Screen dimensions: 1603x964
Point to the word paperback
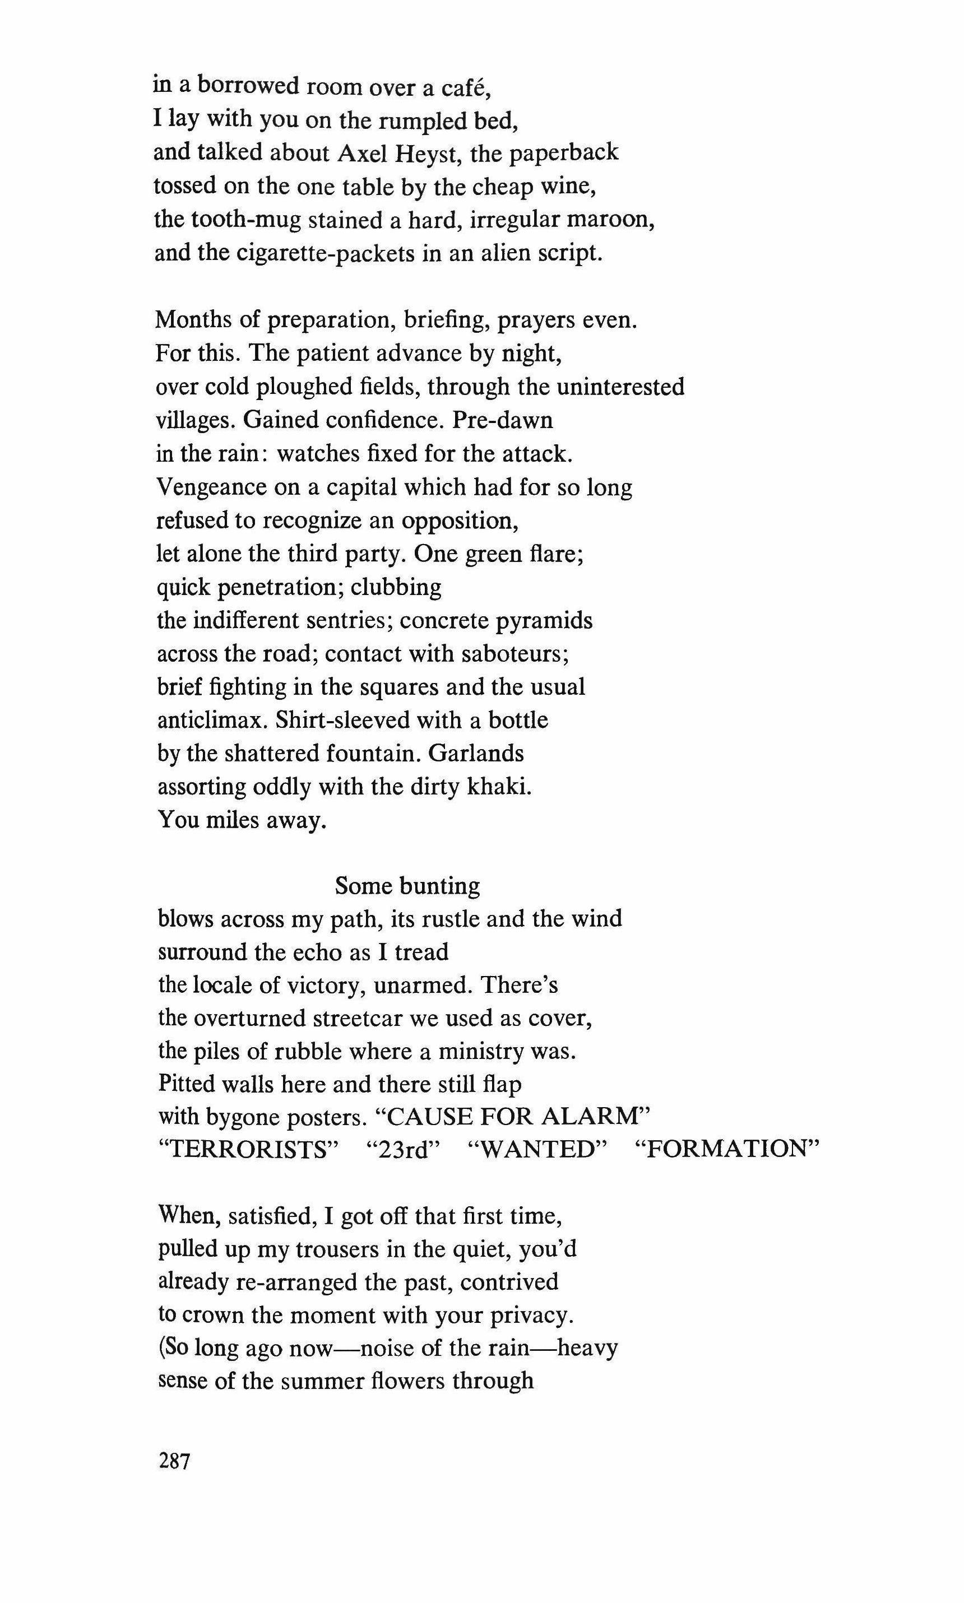point(563,153)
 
